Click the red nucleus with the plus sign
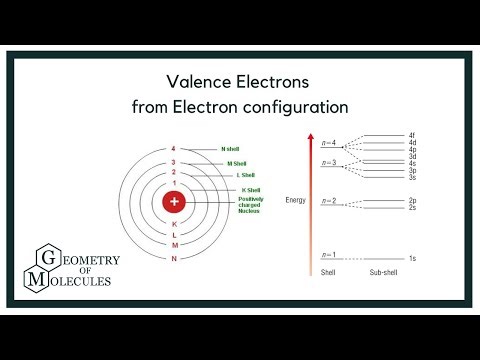click(175, 202)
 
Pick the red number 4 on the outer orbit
click(174, 149)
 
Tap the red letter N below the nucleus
click(174, 259)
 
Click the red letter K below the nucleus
click(174, 224)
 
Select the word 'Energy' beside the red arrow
click(296, 199)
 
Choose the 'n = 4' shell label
click(328, 143)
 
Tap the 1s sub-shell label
click(412, 259)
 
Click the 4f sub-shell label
click(412, 135)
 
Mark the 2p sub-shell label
click(412, 200)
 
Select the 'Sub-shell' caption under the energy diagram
click(383, 272)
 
